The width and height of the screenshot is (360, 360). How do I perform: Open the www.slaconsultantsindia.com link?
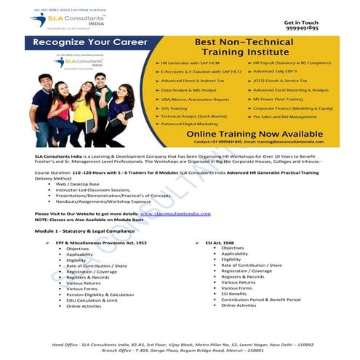click(175, 213)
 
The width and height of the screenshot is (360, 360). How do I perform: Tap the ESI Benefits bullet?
click(239, 294)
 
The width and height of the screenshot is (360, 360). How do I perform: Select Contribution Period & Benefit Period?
click(260, 300)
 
